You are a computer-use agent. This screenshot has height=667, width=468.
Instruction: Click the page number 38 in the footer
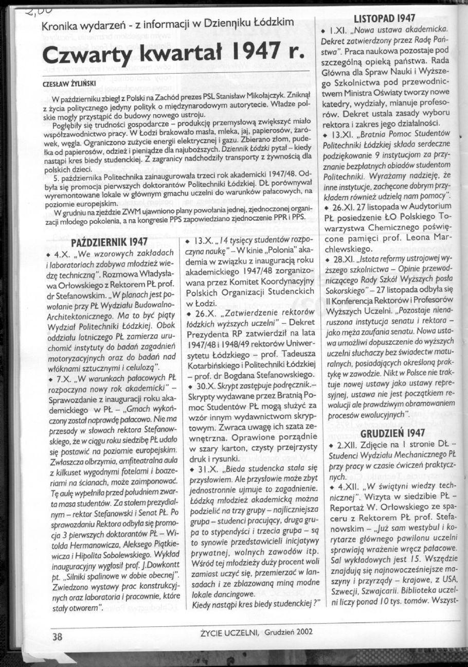click(57, 636)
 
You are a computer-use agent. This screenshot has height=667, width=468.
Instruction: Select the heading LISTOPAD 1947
click(385, 19)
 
